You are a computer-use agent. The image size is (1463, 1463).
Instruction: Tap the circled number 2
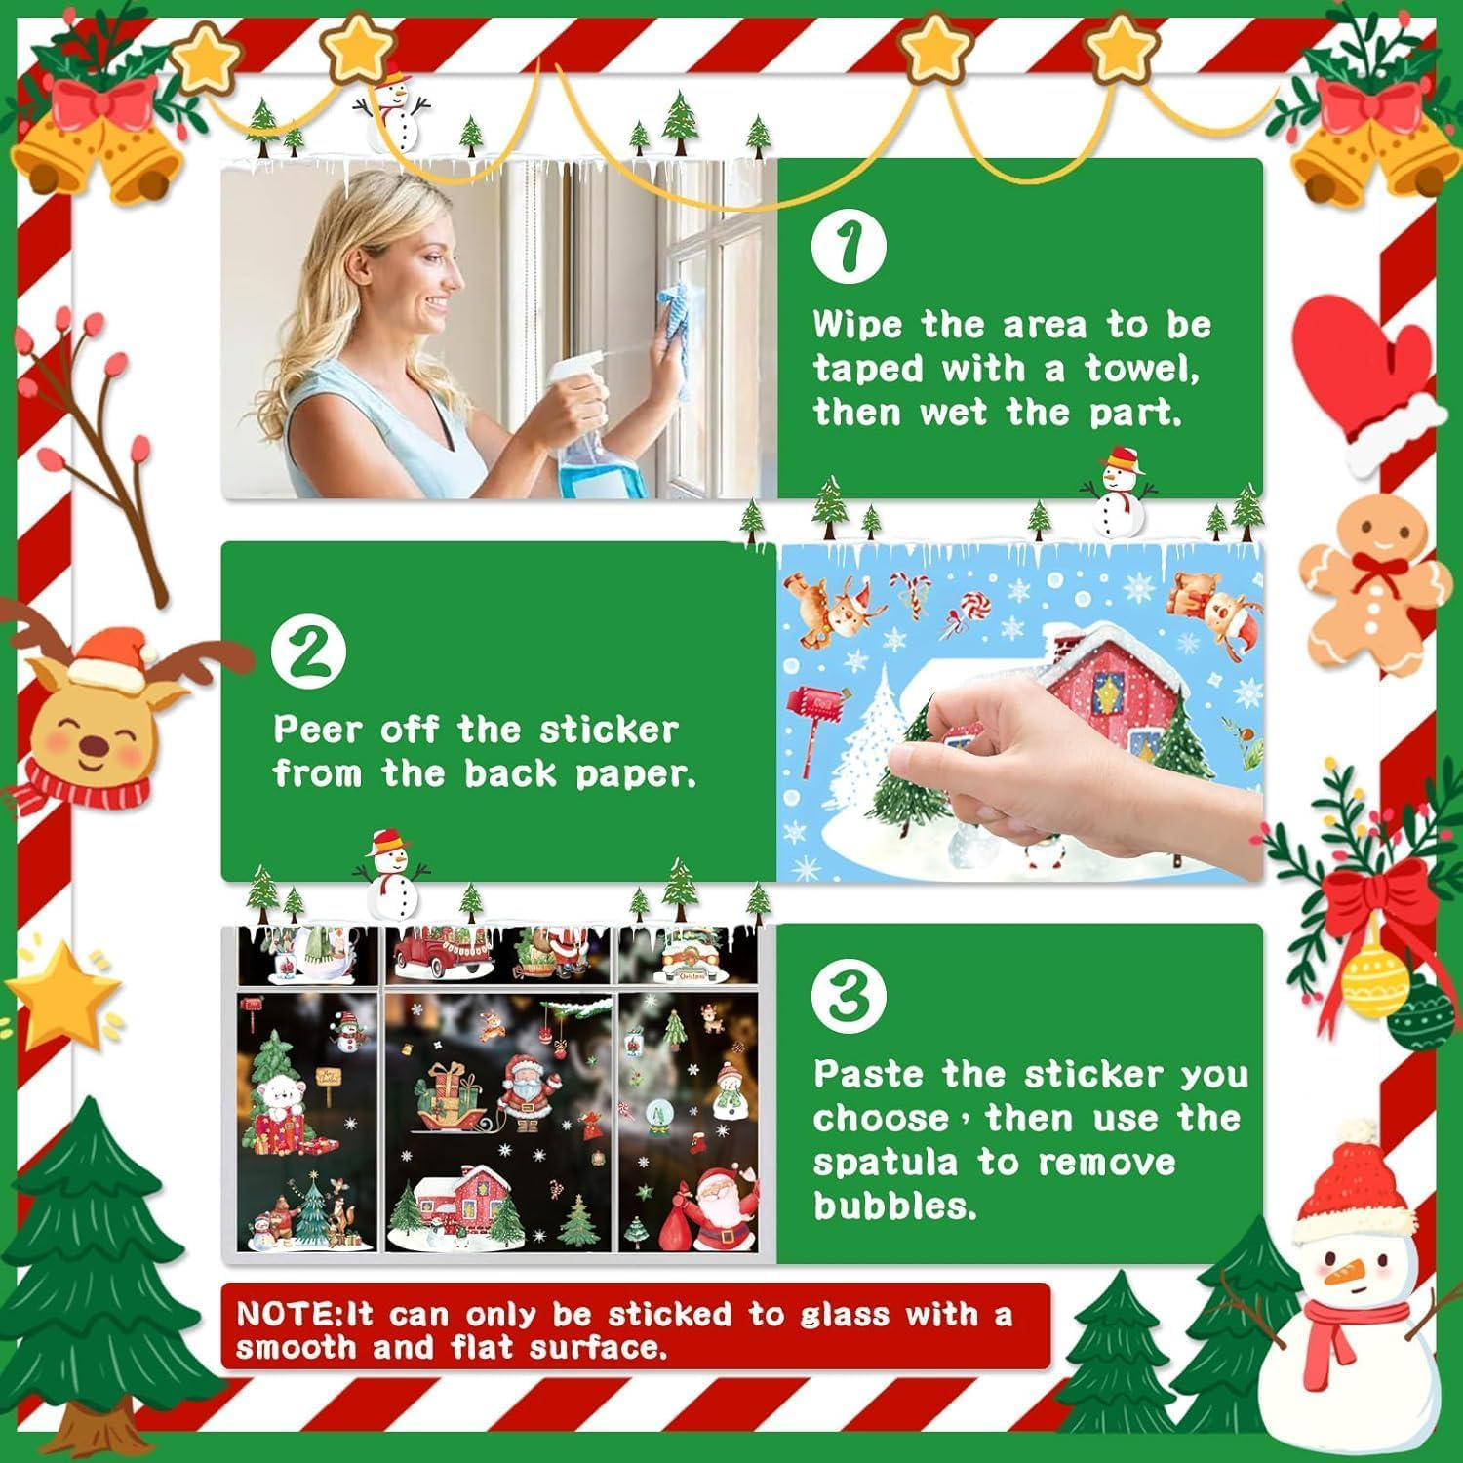(308, 652)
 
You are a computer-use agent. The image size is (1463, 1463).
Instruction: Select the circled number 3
(849, 994)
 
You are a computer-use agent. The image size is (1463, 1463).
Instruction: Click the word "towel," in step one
(1141, 369)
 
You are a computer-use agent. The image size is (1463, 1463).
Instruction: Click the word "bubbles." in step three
(894, 1206)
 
